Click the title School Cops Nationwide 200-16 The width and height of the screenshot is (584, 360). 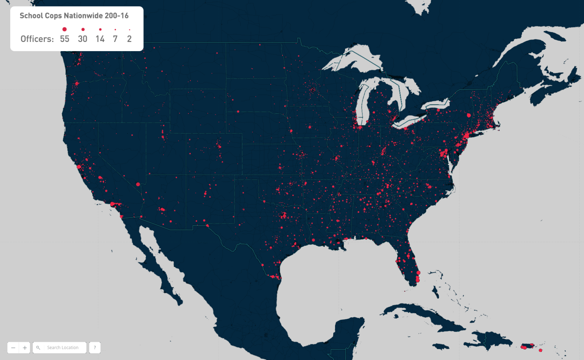[x=74, y=16]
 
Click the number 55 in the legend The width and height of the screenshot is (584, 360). [x=65, y=39]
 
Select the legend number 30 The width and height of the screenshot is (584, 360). [x=82, y=39]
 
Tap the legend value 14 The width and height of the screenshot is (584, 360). [x=100, y=39]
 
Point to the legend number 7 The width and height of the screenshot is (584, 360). [x=115, y=39]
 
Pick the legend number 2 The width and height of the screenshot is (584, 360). [x=129, y=39]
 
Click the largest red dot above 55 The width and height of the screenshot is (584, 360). [x=65, y=29]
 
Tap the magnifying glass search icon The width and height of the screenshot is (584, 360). [x=38, y=348]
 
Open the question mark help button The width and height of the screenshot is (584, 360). [x=95, y=348]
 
